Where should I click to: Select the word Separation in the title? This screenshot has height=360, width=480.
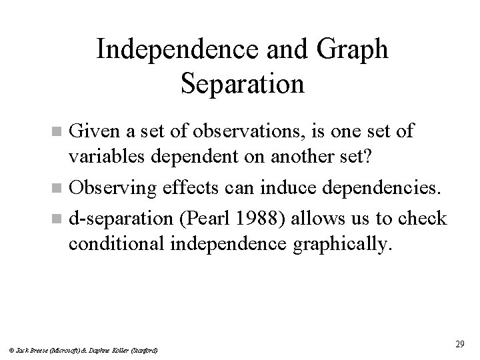pyautogui.click(x=241, y=85)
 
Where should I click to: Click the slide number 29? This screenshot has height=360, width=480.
pyautogui.click(x=459, y=343)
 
